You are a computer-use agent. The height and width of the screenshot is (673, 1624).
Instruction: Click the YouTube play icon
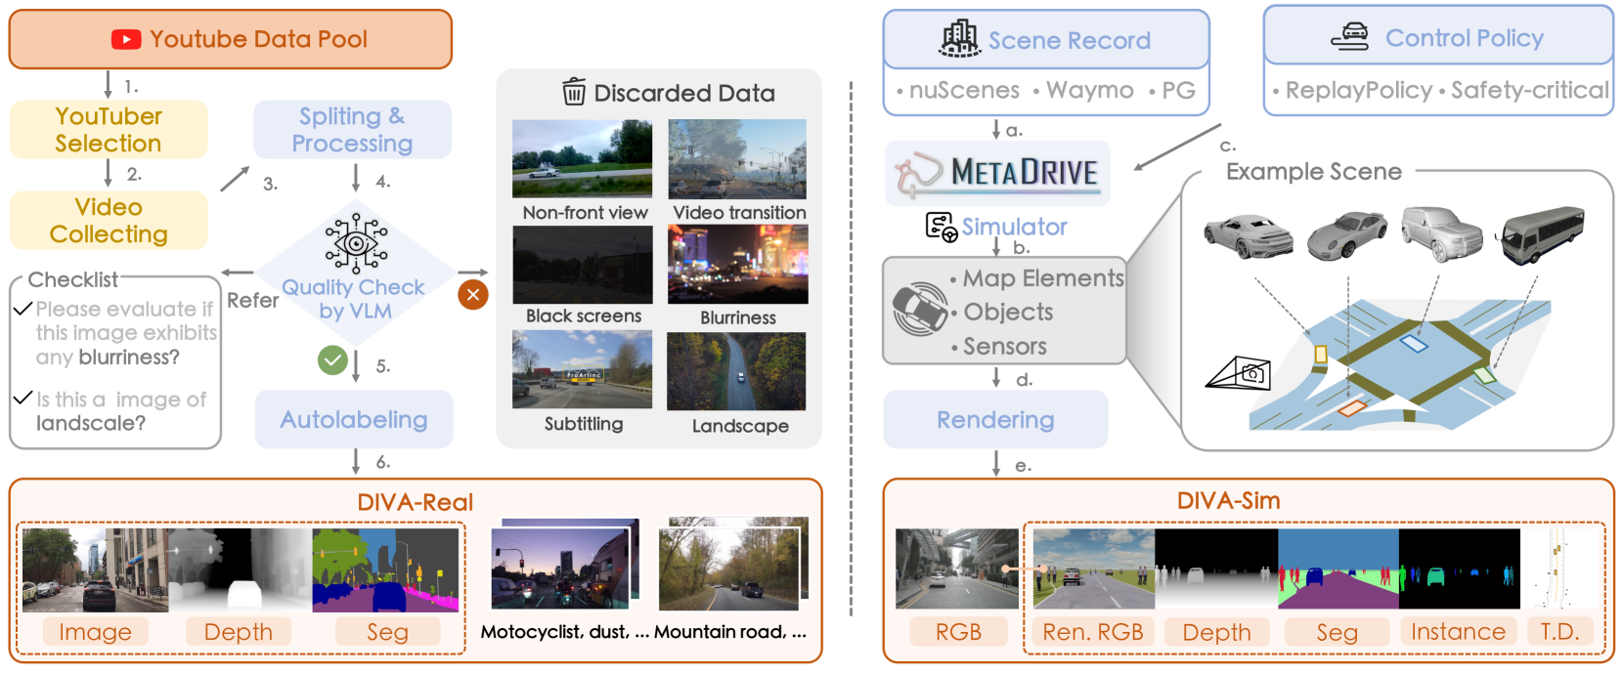click(x=126, y=39)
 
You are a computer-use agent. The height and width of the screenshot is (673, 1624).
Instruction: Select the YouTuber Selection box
click(x=109, y=130)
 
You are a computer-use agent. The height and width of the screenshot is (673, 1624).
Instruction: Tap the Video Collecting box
click(x=109, y=221)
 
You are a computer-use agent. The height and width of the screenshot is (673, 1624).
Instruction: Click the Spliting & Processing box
click(x=352, y=130)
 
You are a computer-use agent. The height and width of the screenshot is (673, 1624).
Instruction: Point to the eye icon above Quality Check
click(x=356, y=242)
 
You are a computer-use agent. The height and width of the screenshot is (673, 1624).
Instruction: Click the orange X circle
click(x=473, y=294)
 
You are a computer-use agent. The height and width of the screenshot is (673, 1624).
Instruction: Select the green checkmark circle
click(x=332, y=360)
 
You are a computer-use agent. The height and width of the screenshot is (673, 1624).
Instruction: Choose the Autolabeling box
click(x=354, y=420)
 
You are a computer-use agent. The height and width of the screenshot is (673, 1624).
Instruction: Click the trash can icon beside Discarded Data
click(x=574, y=92)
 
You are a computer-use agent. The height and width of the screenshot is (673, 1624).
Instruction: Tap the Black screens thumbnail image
click(x=583, y=265)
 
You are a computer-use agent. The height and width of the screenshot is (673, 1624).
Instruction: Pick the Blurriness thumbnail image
click(x=738, y=265)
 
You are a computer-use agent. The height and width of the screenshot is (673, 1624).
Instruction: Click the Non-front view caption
click(x=585, y=213)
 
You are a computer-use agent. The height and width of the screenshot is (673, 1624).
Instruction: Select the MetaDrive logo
click(x=997, y=173)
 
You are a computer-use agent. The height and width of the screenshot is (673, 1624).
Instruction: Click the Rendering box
click(x=995, y=420)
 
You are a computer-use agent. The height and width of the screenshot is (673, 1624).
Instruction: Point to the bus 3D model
click(x=1542, y=234)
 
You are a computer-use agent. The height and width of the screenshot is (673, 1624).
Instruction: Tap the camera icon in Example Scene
click(x=1240, y=373)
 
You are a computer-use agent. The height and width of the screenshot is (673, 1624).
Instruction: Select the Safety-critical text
click(x=1529, y=91)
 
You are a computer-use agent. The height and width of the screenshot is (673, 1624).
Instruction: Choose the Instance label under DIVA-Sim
click(x=1458, y=632)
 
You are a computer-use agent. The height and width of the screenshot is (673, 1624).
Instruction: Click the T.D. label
click(x=1559, y=632)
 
